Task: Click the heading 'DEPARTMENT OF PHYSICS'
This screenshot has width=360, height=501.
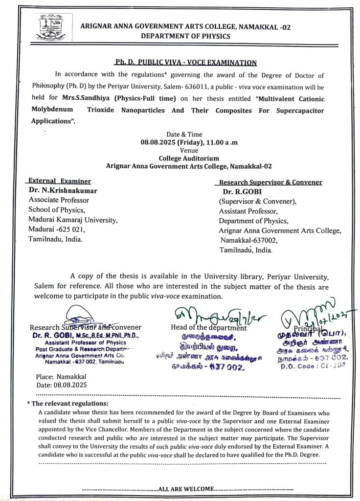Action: click(x=179, y=36)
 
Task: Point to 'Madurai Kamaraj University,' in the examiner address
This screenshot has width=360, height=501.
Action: click(x=73, y=220)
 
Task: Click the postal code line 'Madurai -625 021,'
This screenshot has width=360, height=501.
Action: click(x=57, y=229)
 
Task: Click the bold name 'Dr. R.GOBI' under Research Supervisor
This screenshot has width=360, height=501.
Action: click(x=243, y=192)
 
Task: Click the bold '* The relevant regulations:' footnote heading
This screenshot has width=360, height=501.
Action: click(x=68, y=404)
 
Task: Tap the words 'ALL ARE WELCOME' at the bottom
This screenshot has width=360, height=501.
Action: click(x=186, y=489)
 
